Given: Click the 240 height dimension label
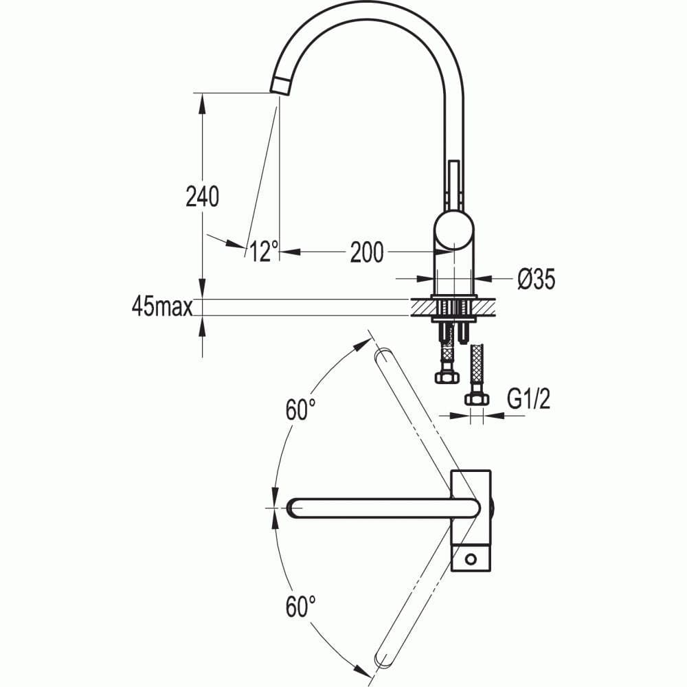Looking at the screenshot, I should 203,197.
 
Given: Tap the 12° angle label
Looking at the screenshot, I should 262,253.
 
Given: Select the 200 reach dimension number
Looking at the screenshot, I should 367,253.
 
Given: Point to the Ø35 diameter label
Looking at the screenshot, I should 536,279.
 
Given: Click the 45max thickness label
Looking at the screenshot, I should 161,307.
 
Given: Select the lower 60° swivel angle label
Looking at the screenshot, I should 301,607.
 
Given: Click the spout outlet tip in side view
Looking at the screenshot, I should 280,86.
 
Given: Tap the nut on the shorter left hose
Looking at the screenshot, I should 446,376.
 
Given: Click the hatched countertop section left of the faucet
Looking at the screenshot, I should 420,307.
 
